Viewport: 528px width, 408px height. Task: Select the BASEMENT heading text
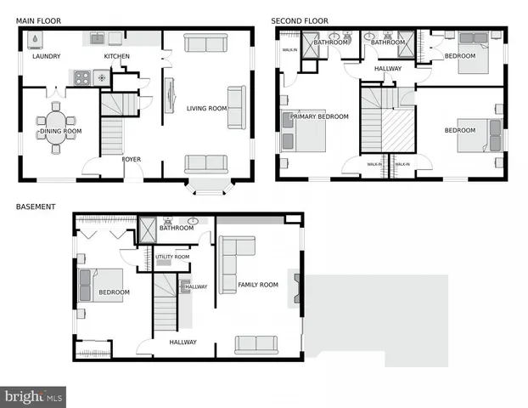[x=37, y=207]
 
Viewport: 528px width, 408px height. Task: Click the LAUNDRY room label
[x=47, y=57]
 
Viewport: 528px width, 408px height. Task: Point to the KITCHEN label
[x=117, y=57]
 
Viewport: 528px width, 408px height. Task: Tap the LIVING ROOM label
[x=207, y=108]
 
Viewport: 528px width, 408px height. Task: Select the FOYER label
[x=132, y=159]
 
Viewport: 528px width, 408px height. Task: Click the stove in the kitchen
[x=82, y=77]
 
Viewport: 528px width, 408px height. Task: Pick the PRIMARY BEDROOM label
[x=320, y=117]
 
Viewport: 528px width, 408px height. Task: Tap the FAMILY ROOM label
[x=257, y=285]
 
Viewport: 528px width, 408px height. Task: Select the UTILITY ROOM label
[x=172, y=257]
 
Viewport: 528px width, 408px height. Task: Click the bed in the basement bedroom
[x=95, y=285]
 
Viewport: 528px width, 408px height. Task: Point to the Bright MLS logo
[x=34, y=396]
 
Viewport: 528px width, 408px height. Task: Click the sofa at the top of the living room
[x=206, y=44]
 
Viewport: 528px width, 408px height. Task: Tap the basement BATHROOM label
[x=177, y=228]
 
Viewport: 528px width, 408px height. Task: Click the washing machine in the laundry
[x=34, y=39]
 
